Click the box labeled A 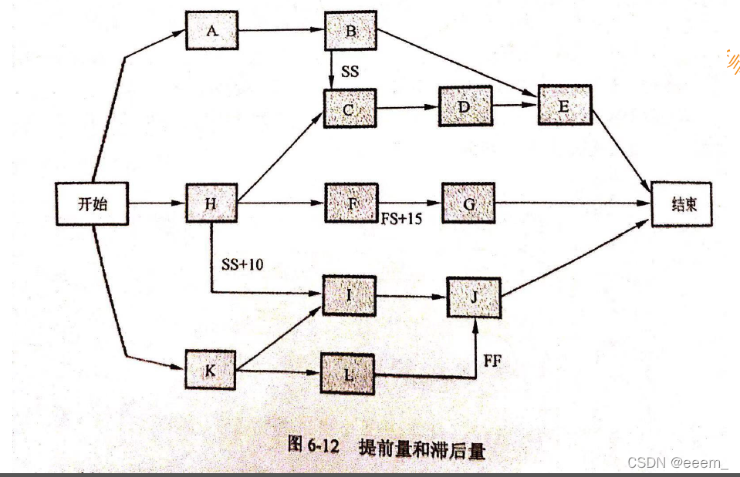211,30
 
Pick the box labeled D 464,106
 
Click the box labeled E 563,105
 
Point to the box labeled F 351,203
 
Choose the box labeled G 468,204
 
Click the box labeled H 211,203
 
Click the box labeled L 348,374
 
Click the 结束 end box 677,203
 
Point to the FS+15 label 402,219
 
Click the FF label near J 492,359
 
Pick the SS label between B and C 350,72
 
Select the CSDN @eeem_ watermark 677,462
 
